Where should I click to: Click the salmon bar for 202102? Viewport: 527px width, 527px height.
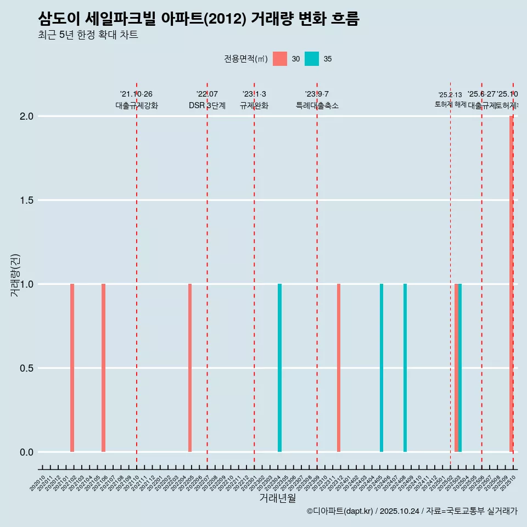(72, 368)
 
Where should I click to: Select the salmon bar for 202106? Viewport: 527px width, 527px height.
(103, 368)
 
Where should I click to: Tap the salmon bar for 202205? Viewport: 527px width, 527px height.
(190, 368)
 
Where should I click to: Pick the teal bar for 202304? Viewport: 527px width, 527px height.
(279, 368)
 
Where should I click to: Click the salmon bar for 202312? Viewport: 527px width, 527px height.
(339, 368)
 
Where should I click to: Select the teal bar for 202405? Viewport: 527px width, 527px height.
(382, 368)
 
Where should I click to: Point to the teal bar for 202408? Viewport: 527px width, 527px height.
(405, 368)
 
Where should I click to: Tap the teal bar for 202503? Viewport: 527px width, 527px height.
(460, 368)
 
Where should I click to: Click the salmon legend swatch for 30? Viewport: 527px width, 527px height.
(280, 59)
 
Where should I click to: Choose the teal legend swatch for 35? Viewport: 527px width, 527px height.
(312, 59)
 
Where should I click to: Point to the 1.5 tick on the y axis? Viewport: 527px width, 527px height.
(26, 200)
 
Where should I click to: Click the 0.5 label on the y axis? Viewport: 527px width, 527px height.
(26, 368)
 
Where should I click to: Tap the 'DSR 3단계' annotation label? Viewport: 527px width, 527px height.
(207, 105)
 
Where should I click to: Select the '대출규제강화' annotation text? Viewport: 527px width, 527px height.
(137, 105)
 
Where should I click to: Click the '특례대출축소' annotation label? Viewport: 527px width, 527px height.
(317, 105)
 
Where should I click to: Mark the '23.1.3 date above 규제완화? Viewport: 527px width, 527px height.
(254, 94)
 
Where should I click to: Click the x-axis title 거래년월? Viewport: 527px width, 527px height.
(277, 498)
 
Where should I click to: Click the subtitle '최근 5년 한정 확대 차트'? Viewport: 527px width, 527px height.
(88, 35)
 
